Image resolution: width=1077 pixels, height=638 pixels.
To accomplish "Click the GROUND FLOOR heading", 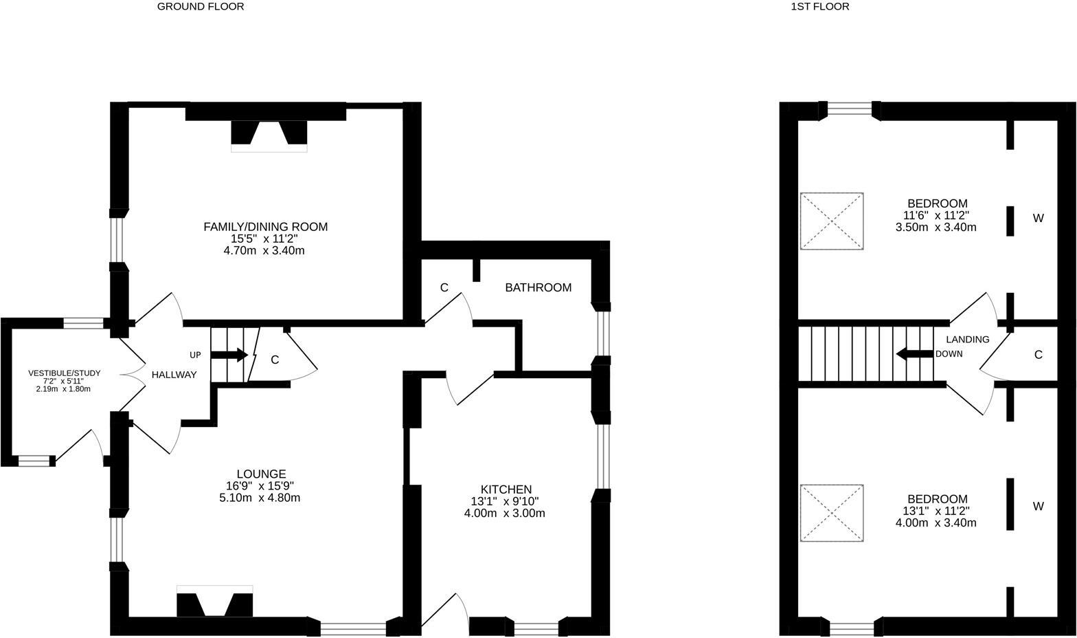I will coord(201,7).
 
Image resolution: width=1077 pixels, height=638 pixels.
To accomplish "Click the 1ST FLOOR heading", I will coord(820,7).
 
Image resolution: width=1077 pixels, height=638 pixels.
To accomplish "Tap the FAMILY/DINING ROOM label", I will coord(265,227).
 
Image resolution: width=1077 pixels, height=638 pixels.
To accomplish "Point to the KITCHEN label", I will coord(506,489).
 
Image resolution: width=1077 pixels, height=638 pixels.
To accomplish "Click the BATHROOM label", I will coord(538,287).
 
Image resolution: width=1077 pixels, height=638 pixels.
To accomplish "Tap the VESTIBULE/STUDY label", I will coord(64,373).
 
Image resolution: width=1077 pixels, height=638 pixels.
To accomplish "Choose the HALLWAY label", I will coord(174,375).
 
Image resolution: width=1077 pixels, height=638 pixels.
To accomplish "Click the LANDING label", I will coord(968,339).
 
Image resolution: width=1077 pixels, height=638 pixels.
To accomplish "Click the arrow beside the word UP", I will coord(229,355).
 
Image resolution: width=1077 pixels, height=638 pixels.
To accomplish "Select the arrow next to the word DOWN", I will coord(914,354).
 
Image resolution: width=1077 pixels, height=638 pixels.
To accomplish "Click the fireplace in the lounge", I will coord(215,604).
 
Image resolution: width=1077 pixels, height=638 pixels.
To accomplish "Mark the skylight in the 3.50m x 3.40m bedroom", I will coord(832,221).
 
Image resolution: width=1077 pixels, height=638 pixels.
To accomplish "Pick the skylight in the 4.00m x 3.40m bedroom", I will coord(832,513).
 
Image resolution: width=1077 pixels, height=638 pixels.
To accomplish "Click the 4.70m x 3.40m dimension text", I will coord(265,250).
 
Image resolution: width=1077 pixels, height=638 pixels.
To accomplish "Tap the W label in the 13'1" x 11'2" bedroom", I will coord(1038,506).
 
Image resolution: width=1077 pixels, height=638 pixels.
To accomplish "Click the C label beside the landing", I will coord(1038,355).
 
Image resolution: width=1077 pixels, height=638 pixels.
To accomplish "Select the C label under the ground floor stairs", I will coord(275,360).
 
